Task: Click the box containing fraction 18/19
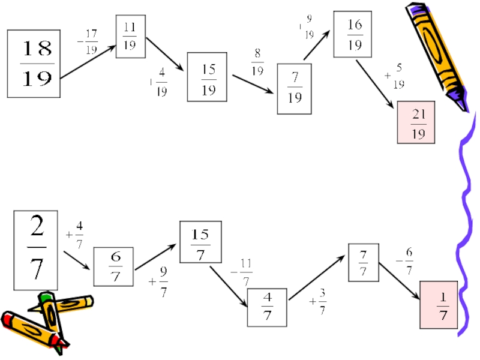(34, 64)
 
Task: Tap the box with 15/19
(208, 78)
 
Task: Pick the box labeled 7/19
(294, 90)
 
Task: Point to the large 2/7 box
(36, 250)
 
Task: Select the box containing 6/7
(113, 266)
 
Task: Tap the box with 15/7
(200, 242)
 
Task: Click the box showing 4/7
(267, 308)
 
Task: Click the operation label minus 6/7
(404, 262)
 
